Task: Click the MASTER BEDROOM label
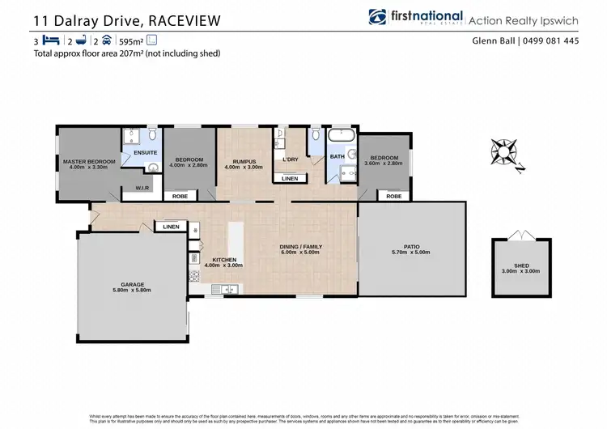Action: tap(89, 161)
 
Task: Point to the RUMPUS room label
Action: tap(243, 161)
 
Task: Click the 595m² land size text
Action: tap(132, 40)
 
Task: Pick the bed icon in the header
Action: tap(52, 40)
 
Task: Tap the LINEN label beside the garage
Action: tap(171, 227)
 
